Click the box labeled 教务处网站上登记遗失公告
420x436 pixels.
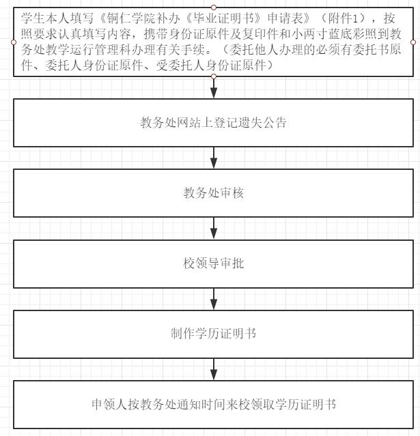point(213,123)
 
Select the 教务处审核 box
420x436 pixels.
point(213,193)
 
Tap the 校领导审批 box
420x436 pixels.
point(213,263)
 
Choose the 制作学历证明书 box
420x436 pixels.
point(213,334)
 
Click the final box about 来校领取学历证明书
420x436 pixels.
point(213,405)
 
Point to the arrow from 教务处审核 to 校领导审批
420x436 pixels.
point(214,229)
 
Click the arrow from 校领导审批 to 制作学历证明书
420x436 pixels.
point(214,299)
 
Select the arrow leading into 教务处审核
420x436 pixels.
point(214,158)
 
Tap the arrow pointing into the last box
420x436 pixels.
point(214,369)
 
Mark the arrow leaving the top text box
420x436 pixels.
point(214,87)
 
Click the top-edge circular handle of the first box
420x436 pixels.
point(214,8)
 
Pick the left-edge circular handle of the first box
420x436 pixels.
point(14,42)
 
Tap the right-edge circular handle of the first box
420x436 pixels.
point(413,42)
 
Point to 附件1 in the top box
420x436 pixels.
point(343,18)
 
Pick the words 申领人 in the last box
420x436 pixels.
point(109,405)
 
